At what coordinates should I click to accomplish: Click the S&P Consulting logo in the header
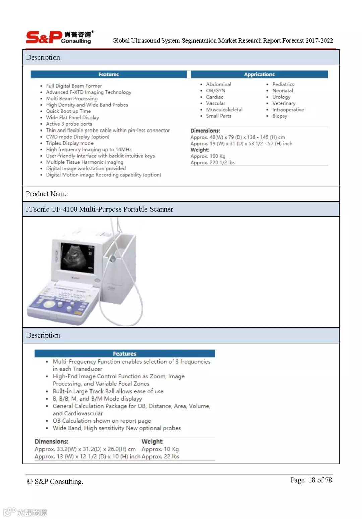[59, 37]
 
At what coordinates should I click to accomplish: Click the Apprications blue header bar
[259, 74]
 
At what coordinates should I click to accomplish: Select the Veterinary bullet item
[284, 103]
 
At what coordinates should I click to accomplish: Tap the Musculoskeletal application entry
[224, 110]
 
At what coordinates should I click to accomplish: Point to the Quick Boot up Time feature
[68, 111]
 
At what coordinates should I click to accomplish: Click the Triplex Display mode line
[69, 143]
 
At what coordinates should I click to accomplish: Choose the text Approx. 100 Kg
[208, 156]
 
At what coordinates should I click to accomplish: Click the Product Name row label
[47, 194]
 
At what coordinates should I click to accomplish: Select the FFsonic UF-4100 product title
[100, 209]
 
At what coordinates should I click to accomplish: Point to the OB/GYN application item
[216, 91]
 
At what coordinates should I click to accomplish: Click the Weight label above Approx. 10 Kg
[153, 442]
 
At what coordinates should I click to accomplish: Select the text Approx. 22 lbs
[161, 456]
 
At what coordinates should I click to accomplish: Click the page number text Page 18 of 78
[311, 480]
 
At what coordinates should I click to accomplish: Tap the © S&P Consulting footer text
[55, 482]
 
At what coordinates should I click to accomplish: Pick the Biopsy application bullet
[280, 116]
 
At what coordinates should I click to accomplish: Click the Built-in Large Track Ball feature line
[108, 391]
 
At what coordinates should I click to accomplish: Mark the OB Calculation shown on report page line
[102, 421]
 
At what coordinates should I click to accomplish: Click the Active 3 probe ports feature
[69, 124]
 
